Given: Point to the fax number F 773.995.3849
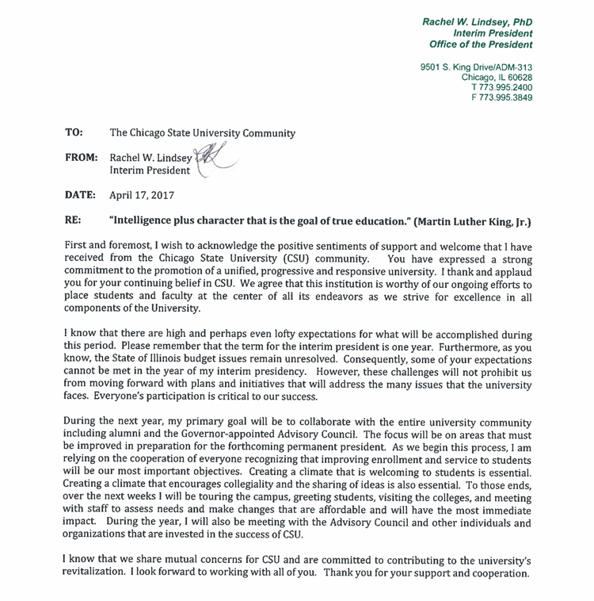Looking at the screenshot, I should pyautogui.click(x=502, y=98).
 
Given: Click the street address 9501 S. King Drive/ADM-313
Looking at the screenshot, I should pyautogui.click(x=476, y=66).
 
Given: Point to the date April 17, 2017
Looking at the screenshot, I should pyautogui.click(x=143, y=194).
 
